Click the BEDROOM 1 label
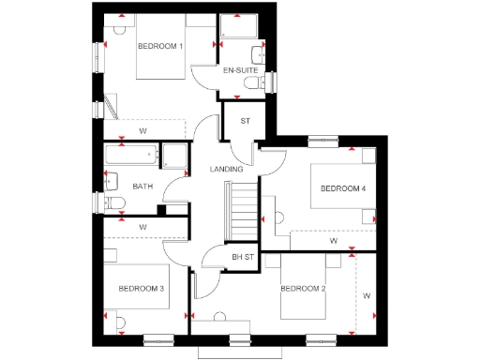coord(160,46)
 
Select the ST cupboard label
coord(247,120)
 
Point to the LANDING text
coord(227,170)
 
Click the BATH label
coord(142,187)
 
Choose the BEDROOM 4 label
coord(343,188)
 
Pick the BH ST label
coord(243,257)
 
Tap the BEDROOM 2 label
coord(303,288)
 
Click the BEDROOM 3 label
coord(141,288)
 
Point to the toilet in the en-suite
coord(251,84)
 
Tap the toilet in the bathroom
coord(113,203)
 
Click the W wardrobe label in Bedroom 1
coord(143,130)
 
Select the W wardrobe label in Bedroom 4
coord(333,241)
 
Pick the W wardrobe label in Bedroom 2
coord(367,296)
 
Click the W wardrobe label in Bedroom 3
coord(142,227)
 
